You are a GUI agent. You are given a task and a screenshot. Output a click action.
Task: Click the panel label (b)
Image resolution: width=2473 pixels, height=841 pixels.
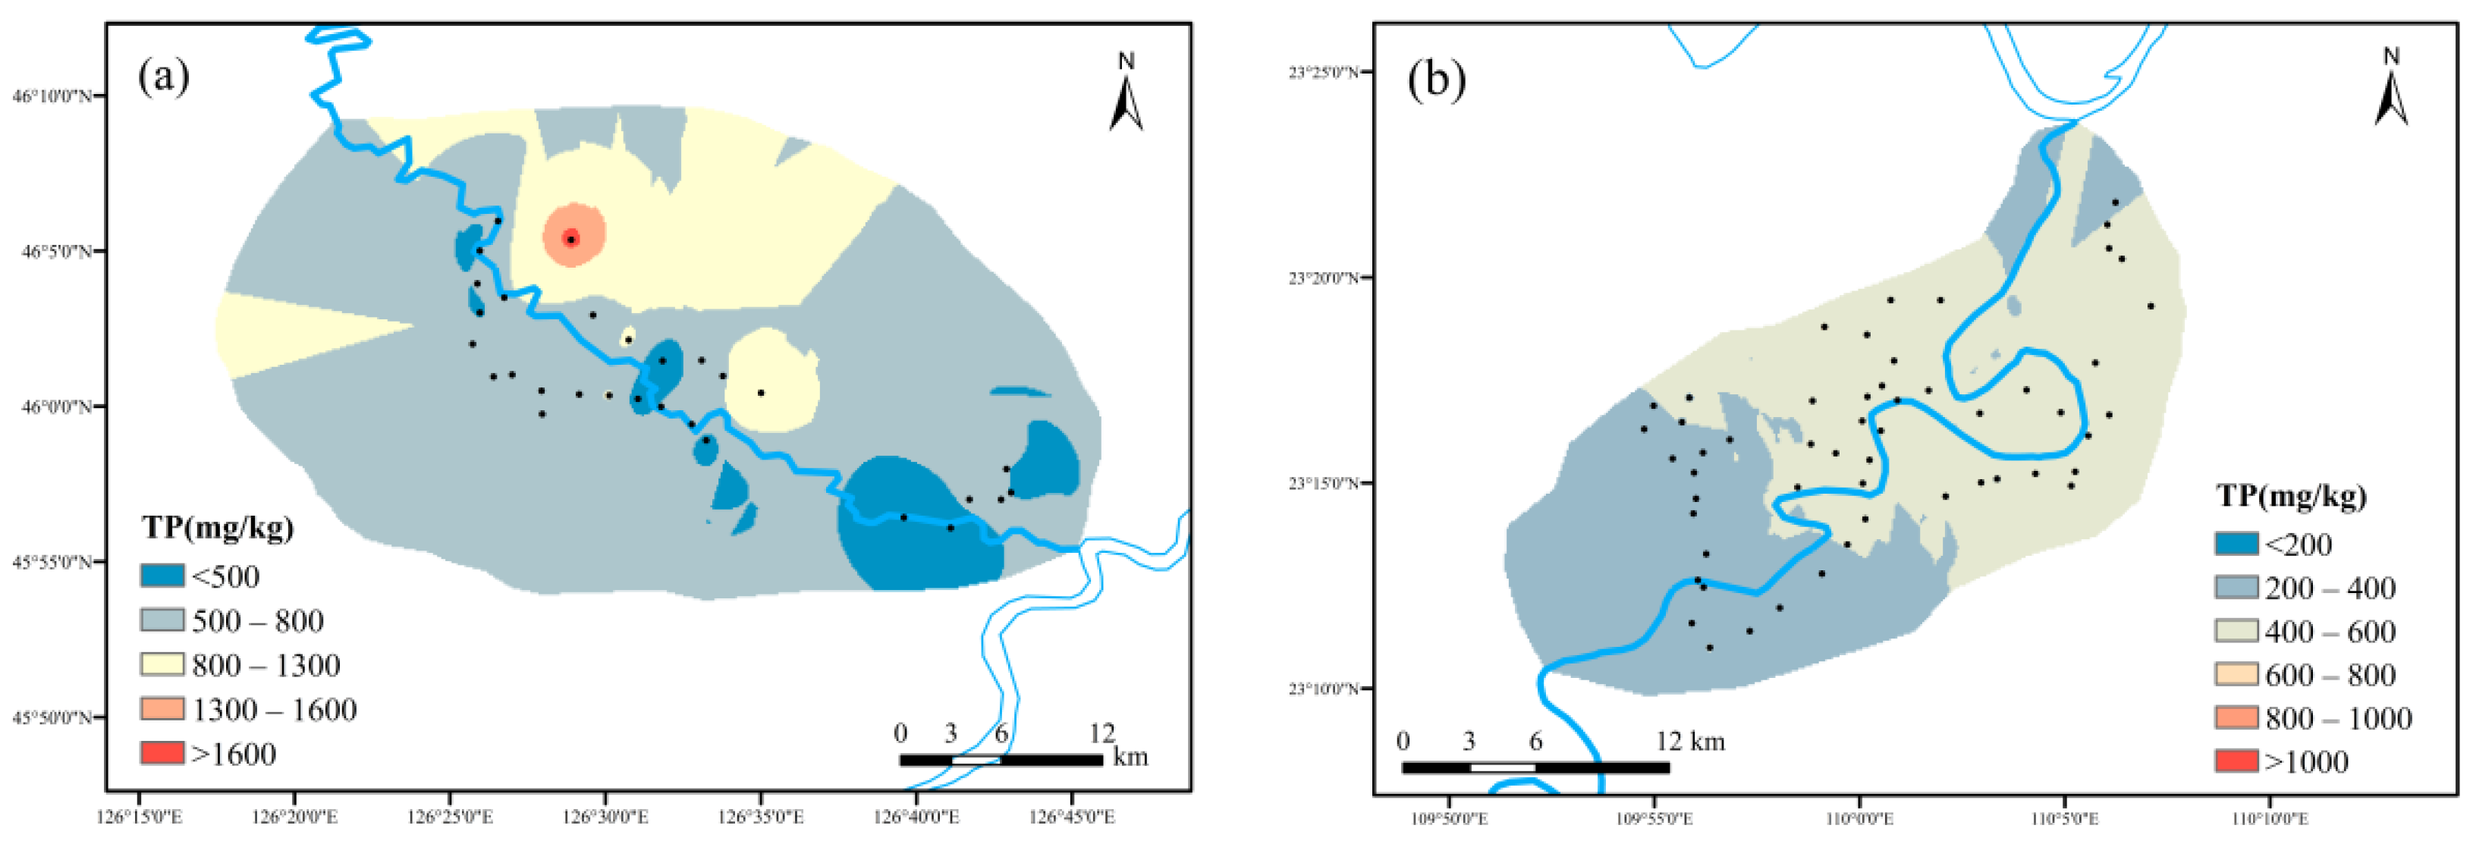[x=1436, y=79]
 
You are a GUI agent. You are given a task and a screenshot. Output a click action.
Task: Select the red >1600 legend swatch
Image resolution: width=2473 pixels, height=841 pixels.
[x=162, y=754]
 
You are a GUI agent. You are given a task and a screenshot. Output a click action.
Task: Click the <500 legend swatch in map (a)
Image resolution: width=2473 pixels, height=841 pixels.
[x=162, y=576]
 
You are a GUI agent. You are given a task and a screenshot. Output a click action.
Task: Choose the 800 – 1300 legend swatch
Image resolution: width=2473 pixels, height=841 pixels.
[x=162, y=664]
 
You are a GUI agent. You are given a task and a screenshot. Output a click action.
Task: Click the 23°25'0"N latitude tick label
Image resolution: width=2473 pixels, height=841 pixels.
[x=1324, y=72]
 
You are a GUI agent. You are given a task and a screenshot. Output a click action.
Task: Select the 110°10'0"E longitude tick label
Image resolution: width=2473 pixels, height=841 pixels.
[x=2270, y=819]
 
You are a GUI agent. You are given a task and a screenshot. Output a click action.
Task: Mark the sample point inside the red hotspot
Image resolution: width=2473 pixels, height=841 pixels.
[x=572, y=238]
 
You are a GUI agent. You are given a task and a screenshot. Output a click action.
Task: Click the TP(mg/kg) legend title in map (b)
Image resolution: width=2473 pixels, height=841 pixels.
[x=2292, y=497]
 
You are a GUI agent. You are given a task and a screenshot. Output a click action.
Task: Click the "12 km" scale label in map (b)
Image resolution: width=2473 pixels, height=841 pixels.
[x=1689, y=741]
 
